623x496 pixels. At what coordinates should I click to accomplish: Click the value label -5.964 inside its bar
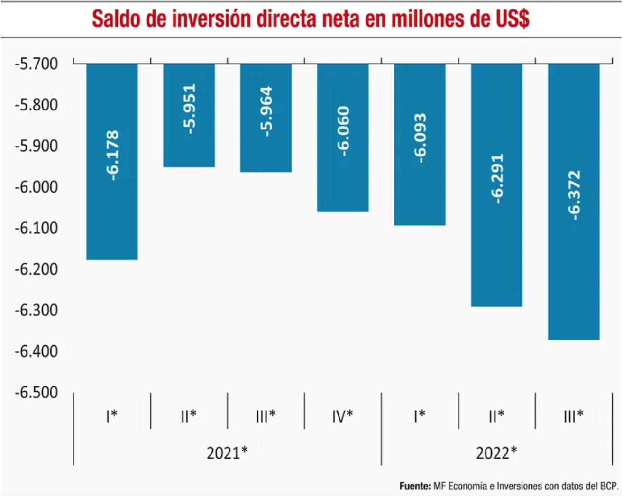click(x=266, y=111)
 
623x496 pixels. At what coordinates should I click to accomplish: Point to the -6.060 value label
click(x=343, y=131)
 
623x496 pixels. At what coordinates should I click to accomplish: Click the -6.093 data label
click(x=420, y=138)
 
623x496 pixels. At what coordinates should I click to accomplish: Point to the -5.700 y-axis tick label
click(x=37, y=64)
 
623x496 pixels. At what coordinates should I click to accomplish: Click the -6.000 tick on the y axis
click(x=37, y=187)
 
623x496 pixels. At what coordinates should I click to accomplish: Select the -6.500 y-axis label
click(x=37, y=393)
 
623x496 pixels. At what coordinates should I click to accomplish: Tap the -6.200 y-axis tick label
click(x=37, y=269)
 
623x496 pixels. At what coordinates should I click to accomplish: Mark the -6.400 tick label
click(x=37, y=351)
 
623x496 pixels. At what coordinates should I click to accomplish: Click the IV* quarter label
click(x=342, y=416)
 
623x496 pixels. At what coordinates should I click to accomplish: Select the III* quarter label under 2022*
click(x=573, y=416)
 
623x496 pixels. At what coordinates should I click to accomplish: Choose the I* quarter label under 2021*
click(x=111, y=416)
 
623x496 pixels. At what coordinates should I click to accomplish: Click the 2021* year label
click(x=227, y=453)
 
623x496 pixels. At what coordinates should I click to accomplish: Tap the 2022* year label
click(x=496, y=453)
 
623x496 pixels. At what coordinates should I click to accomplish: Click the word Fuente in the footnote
click(x=414, y=486)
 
